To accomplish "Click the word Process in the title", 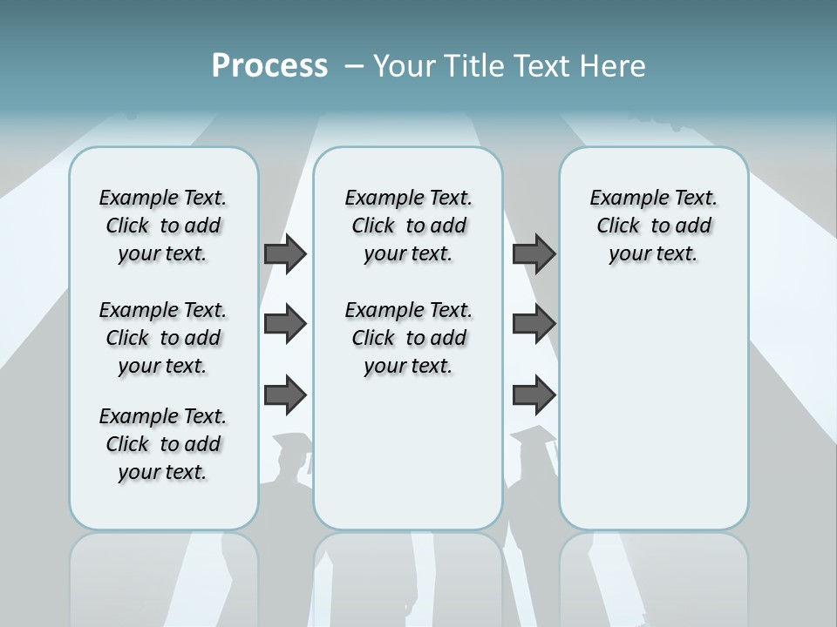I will tap(269, 65).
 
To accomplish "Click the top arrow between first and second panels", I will tap(285, 254).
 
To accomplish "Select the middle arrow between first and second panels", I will tap(285, 325).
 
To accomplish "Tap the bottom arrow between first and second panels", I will tap(285, 395).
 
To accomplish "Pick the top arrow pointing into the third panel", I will tap(534, 254).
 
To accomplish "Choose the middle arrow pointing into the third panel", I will tap(534, 325).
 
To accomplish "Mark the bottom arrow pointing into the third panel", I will tap(534, 395).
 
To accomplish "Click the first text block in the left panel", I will tap(163, 226).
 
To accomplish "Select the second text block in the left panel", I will tap(163, 338).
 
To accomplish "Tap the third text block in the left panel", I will tap(163, 444).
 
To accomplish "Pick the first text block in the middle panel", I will tap(408, 226).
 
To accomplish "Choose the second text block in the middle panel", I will tap(408, 338).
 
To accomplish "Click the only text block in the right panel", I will tap(653, 226).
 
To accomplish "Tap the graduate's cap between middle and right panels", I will tap(532, 435).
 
